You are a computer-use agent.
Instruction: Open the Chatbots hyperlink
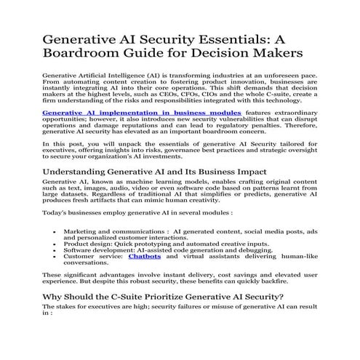tap(145, 257)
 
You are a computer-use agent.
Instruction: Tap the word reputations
tap(143, 129)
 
